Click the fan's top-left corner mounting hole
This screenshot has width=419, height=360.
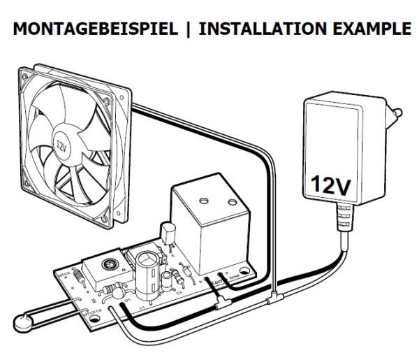24,74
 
